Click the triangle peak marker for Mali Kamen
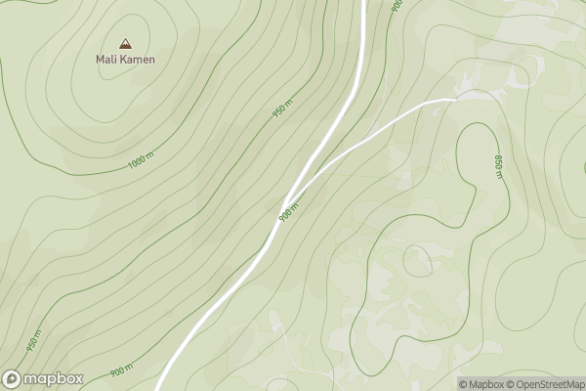point(124,43)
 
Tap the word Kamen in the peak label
point(139,60)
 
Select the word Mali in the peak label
point(106,60)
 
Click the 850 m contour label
point(498,166)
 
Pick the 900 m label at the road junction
point(287,209)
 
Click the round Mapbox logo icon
point(13,378)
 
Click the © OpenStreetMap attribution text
point(546,384)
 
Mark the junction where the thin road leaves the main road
point(293,191)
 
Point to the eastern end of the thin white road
point(455,99)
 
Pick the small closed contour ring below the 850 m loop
point(417,260)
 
